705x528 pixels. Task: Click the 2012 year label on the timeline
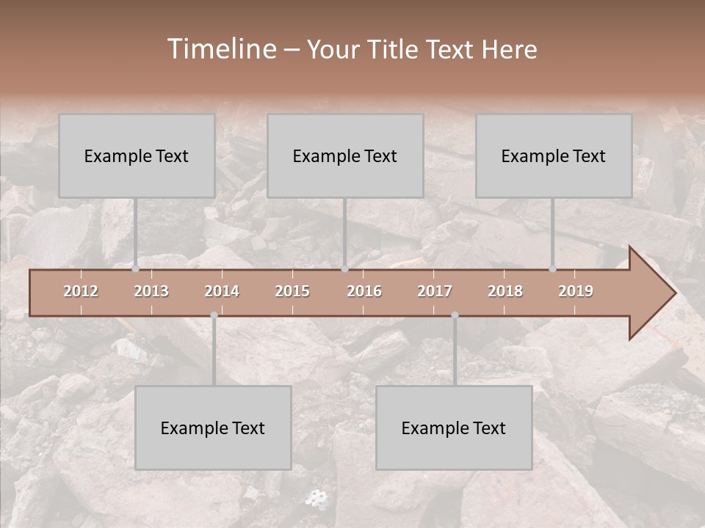pyautogui.click(x=81, y=291)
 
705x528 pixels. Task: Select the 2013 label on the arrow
pyautogui.click(x=151, y=291)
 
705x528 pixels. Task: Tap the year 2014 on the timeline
pyautogui.click(x=222, y=291)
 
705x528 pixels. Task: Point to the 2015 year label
pyautogui.click(x=292, y=291)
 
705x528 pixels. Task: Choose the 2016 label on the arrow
pyautogui.click(x=364, y=291)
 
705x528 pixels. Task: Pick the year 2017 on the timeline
pyautogui.click(x=435, y=291)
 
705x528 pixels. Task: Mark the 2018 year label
pyautogui.click(x=505, y=291)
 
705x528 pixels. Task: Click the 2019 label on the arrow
pyautogui.click(x=576, y=291)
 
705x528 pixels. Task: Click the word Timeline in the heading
pyautogui.click(x=220, y=49)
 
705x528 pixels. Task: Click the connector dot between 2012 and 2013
pyautogui.click(x=135, y=269)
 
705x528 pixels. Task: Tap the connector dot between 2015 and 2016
pyautogui.click(x=344, y=269)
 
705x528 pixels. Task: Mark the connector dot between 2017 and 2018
pyautogui.click(x=455, y=315)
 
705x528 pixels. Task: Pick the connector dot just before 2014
pyautogui.click(x=214, y=315)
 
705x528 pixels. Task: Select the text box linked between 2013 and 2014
pyautogui.click(x=213, y=428)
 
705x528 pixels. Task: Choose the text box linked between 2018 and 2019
pyautogui.click(x=554, y=155)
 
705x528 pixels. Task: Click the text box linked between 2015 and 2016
pyautogui.click(x=345, y=155)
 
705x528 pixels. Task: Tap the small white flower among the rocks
pyautogui.click(x=316, y=499)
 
